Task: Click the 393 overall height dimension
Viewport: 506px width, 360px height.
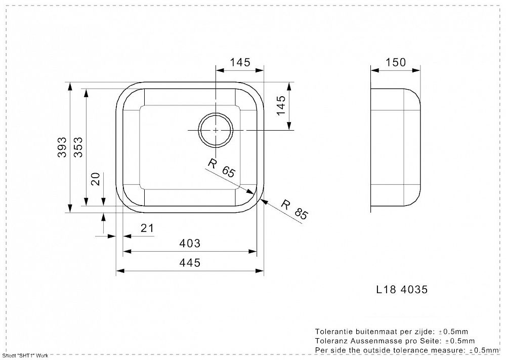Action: click(62, 147)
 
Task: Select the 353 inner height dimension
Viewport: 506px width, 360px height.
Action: click(78, 147)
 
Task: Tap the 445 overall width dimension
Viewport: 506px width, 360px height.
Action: click(190, 262)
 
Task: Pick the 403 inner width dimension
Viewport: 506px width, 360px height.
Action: click(190, 243)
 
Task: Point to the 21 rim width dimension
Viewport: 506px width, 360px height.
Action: click(147, 228)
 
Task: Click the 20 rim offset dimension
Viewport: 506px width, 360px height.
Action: click(96, 179)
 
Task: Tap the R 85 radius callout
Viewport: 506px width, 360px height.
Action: click(294, 210)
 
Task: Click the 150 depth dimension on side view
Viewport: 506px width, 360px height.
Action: click(396, 62)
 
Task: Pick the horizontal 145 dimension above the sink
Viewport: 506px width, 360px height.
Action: click(240, 62)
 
